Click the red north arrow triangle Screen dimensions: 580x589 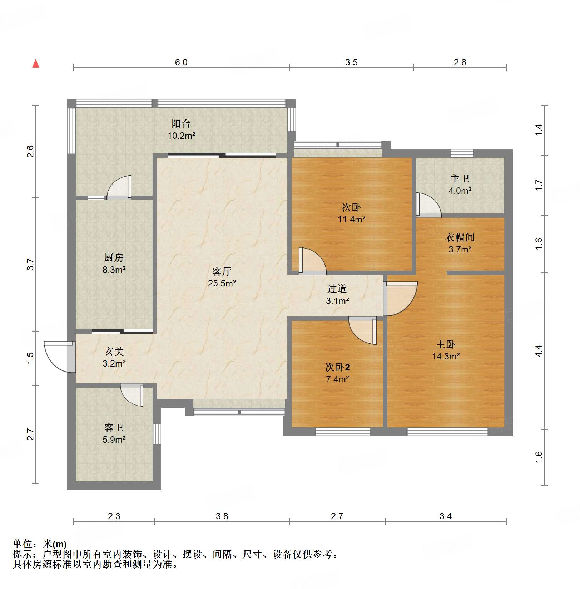[36, 64]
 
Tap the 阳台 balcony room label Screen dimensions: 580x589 [181, 124]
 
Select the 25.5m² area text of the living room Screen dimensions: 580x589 [222, 284]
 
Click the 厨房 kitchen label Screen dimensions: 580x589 [114, 257]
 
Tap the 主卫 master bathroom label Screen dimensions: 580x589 [460, 178]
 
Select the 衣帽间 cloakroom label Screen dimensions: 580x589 [460, 237]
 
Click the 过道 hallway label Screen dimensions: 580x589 [337, 289]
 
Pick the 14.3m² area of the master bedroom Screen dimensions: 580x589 [446, 357]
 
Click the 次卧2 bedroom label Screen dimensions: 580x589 [337, 367]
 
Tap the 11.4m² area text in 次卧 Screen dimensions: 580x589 [352, 220]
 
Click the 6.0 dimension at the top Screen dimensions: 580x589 [181, 63]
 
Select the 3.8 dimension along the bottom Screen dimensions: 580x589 [222, 516]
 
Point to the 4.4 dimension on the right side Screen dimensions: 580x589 [539, 351]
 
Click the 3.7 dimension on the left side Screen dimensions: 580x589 [31, 264]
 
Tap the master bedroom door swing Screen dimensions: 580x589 [400, 299]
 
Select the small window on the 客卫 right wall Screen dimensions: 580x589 [157, 434]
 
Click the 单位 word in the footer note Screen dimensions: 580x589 [23, 544]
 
